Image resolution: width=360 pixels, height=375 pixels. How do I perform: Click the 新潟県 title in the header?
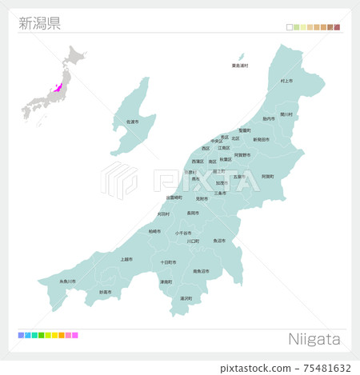pos(39,22)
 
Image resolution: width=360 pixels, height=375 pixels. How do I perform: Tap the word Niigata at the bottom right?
pos(314,339)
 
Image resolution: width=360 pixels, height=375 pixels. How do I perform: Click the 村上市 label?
pos(286,82)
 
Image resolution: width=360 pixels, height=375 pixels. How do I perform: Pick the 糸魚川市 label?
pos(68,281)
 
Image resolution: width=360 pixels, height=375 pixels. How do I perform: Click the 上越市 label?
pos(126,259)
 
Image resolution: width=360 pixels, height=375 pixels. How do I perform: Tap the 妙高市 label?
pos(106,292)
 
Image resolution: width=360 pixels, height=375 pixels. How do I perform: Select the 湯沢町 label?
pos(186,298)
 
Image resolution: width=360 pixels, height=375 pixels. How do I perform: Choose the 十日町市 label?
pos(167,261)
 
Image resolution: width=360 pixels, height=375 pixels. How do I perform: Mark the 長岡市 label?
pos(192,213)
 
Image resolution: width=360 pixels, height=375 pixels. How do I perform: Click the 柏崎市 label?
pos(154,231)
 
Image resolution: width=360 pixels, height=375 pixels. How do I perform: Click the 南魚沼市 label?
pos(201,271)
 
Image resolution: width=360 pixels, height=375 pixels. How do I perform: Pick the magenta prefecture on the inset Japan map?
pos(58,90)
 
